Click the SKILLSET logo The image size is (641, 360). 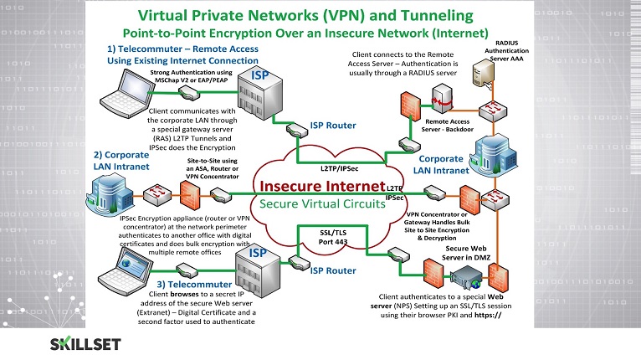[85, 344]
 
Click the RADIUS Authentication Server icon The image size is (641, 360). [484, 73]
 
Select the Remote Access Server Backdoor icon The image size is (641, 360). [442, 98]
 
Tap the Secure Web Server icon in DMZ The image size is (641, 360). [466, 277]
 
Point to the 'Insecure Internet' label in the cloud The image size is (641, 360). [322, 186]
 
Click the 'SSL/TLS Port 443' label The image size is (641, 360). [333, 237]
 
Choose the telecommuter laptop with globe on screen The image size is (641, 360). [125, 270]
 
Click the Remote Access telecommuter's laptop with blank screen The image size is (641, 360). [127, 93]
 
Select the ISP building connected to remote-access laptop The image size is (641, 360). [260, 94]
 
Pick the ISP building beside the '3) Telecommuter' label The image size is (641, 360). [258, 272]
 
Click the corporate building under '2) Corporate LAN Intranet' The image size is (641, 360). [110, 194]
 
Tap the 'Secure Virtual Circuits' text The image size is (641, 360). [322, 203]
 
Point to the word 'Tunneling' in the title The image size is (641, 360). [437, 16]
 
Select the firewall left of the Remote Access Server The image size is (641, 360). [410, 106]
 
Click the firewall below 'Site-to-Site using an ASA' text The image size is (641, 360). [190, 196]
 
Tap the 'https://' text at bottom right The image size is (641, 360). [488, 315]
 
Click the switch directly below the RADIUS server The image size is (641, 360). [493, 111]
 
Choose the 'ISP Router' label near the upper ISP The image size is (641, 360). [333, 126]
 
